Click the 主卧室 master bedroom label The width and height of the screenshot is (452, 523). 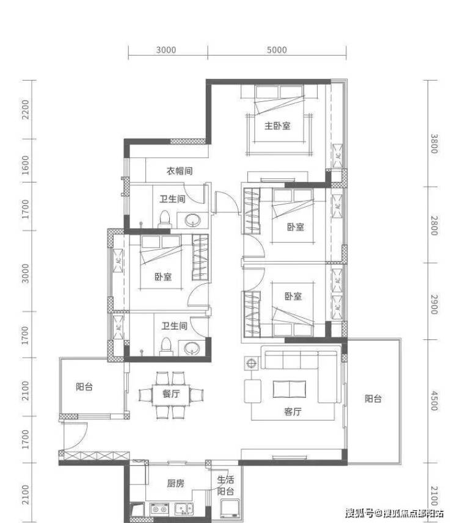coord(277,126)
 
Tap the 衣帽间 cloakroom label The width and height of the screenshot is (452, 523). coord(180,171)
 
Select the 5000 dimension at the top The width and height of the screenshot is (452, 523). coord(277,49)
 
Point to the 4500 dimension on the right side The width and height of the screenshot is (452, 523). coord(434,401)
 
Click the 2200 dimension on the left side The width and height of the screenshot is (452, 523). coord(26,109)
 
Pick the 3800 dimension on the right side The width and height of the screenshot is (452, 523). coord(434,144)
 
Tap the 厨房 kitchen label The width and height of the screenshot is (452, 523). coord(175,483)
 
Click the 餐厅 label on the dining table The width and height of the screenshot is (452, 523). coord(171,394)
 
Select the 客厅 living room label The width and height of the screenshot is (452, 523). coord(293,411)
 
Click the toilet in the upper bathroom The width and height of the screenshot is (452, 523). coord(164,219)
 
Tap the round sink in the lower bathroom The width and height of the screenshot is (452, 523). coord(192,348)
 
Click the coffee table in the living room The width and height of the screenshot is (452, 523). coord(289,389)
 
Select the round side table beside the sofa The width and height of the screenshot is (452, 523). coord(251,363)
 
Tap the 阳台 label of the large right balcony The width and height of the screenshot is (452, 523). coord(373,399)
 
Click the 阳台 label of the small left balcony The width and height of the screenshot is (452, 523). coord(84,386)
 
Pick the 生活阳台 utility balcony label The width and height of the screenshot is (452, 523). coord(225,485)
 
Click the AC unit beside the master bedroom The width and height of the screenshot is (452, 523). coord(338,156)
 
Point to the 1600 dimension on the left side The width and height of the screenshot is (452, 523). coord(26,165)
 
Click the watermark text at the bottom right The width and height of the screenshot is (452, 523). coord(394,513)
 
